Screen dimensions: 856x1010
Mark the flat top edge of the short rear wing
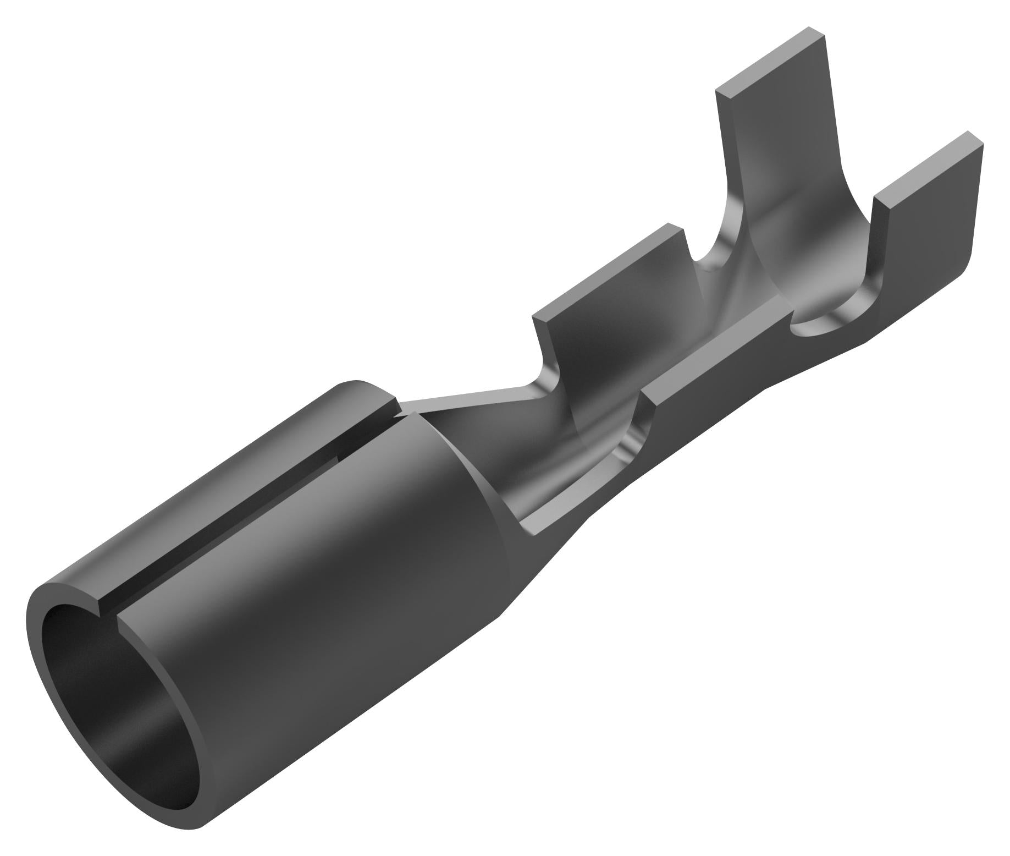click(x=605, y=270)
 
